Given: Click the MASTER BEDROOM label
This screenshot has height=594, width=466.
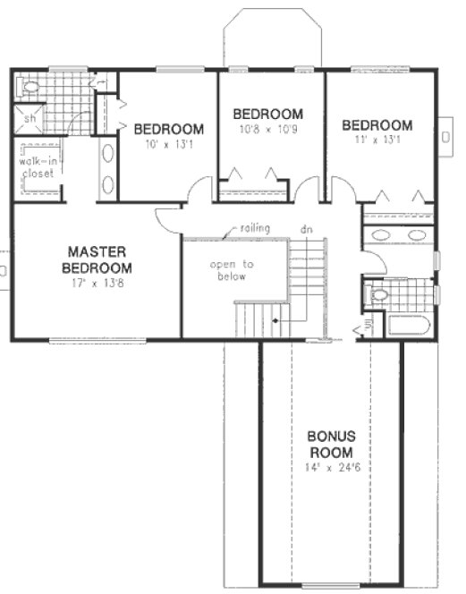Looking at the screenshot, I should click(97, 259).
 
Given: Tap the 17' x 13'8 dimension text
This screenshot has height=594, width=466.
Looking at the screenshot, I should click(97, 284).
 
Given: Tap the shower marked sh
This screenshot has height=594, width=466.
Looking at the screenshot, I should click(30, 117).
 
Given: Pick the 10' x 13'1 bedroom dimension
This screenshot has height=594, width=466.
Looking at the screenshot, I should click(169, 143).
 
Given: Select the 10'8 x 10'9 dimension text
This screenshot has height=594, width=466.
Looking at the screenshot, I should click(267, 130).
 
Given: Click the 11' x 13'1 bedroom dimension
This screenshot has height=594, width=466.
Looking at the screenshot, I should click(377, 140).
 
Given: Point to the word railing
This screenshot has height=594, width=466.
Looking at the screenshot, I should click(255, 229).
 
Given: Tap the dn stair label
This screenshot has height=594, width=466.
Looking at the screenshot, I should click(305, 229).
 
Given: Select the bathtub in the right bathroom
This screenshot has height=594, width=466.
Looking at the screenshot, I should click(409, 323).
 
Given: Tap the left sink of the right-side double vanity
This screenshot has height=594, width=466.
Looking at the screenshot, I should click(382, 236).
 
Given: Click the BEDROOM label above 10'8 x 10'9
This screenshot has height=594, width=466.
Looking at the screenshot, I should click(267, 114).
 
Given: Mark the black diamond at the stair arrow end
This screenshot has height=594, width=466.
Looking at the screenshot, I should click(275, 319).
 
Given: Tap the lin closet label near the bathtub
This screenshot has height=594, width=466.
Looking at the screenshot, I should click(369, 328).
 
